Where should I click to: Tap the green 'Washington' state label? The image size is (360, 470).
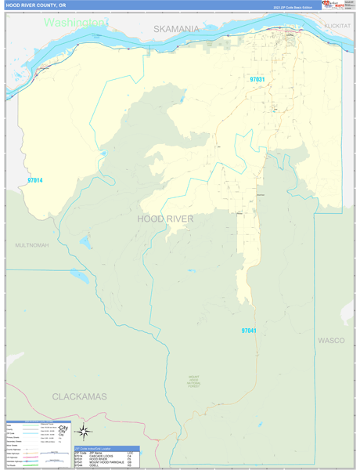click(x=75, y=22)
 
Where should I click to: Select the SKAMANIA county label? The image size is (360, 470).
click(x=176, y=28)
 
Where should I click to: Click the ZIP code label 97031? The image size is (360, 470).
click(x=257, y=79)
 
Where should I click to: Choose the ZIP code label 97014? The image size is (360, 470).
click(x=34, y=181)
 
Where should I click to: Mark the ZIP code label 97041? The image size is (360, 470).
click(x=249, y=331)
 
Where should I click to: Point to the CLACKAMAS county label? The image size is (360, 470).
click(x=79, y=396)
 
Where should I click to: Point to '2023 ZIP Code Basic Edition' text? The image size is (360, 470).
click(x=292, y=7)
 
